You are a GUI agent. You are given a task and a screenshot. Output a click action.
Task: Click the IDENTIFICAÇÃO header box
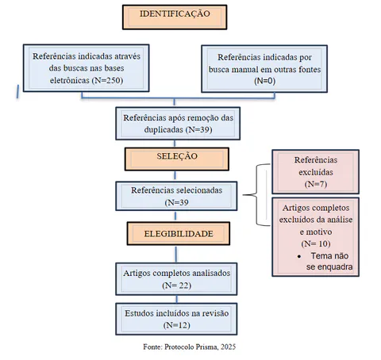[175, 17]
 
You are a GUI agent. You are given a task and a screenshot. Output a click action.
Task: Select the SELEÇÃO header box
[177, 159]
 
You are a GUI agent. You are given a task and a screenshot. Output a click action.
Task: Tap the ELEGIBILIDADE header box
[179, 234]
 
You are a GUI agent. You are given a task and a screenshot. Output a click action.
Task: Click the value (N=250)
[107, 80]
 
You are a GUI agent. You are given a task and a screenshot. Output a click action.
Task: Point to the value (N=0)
[265, 81]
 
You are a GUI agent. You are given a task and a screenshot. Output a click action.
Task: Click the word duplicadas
[164, 129]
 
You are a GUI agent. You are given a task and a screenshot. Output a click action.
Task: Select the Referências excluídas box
[316, 172]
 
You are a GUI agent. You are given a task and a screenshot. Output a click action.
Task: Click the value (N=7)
[316, 184]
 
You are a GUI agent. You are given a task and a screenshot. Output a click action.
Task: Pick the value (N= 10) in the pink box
[316, 243]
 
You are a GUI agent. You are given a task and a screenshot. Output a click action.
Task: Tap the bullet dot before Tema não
[299, 256]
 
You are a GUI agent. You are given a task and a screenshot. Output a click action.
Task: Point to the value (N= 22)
[177, 285]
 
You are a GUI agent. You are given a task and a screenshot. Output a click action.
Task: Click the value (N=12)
[177, 325]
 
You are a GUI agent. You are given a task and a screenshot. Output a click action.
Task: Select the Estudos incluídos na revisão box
[176, 319]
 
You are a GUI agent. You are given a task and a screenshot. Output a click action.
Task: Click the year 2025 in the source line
[228, 347]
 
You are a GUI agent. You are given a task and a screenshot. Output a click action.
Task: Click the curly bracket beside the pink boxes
[256, 195]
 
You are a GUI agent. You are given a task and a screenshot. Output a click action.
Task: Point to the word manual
[243, 70]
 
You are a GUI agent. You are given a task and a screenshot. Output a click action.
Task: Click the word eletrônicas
[70, 80]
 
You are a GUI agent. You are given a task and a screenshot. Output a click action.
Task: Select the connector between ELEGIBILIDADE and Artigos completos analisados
[176, 255]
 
